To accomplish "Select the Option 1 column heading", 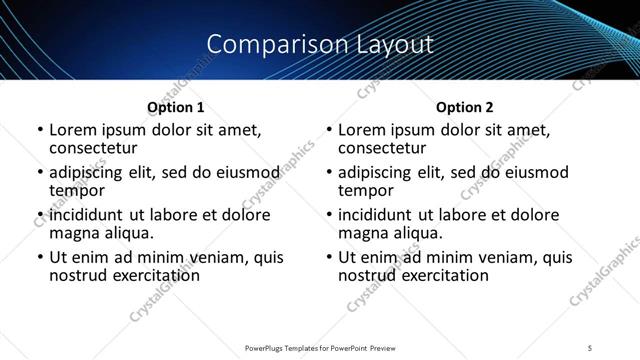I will [175, 107].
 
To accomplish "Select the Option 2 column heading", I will [464, 107].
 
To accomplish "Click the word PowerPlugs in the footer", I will [267, 349].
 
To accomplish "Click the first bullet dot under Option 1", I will [40, 130].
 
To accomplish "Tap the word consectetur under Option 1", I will [92, 148].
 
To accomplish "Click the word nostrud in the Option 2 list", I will [366, 275].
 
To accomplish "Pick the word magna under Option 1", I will [73, 233].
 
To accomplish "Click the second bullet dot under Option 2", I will [329, 173].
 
